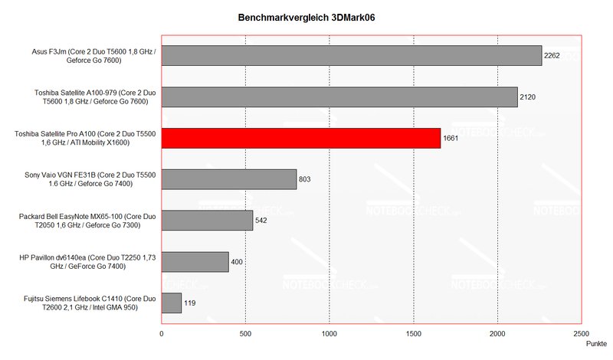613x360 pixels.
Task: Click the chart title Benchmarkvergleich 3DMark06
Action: tap(306, 17)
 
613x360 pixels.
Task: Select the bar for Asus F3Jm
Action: tap(351, 55)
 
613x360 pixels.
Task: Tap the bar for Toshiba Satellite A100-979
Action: tap(339, 97)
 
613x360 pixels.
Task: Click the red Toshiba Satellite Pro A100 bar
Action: tap(300, 138)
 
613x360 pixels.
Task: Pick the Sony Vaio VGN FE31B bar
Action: tap(228, 179)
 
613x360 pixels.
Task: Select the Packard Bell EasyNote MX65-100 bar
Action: tap(207, 221)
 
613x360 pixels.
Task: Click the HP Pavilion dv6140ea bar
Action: tap(195, 262)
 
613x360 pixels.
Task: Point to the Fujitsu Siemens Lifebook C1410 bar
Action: tap(171, 303)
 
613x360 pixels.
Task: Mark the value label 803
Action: tap(306, 179)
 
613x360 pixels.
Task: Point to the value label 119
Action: tap(191, 303)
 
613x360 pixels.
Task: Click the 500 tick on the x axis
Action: tap(245, 334)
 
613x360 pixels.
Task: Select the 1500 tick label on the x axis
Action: tap(414, 334)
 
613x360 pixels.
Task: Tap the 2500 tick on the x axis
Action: tap(582, 334)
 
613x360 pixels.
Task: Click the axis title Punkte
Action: tap(596, 345)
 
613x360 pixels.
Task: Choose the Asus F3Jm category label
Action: tap(91, 55)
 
